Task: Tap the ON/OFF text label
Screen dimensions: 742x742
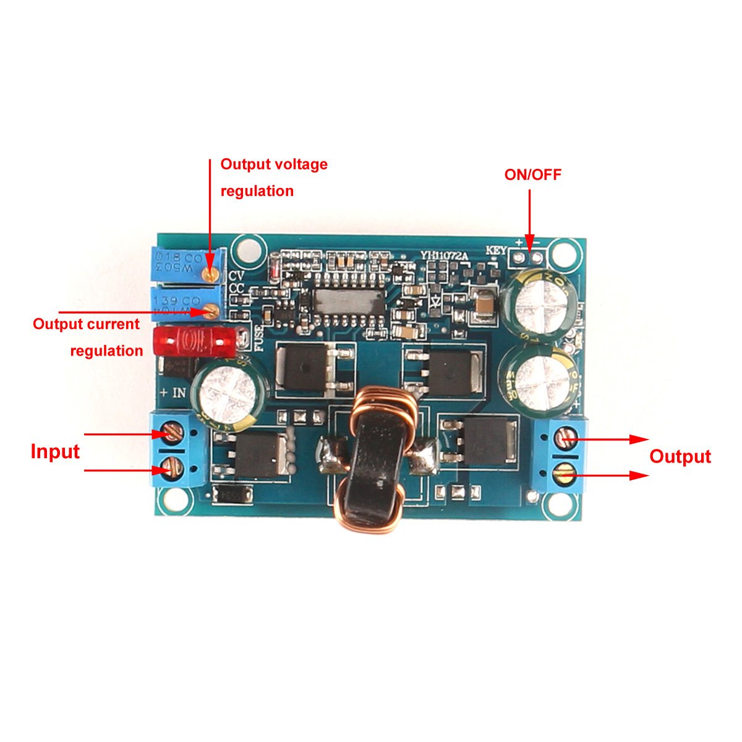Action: pos(532,175)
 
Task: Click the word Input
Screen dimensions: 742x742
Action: pos(55,452)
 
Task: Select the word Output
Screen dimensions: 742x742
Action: pos(680,457)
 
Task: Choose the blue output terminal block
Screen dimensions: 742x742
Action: pos(560,455)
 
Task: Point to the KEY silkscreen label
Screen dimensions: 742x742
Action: pos(496,251)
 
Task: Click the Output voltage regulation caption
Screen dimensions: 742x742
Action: pos(273,177)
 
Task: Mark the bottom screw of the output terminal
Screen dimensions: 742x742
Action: pos(565,475)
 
